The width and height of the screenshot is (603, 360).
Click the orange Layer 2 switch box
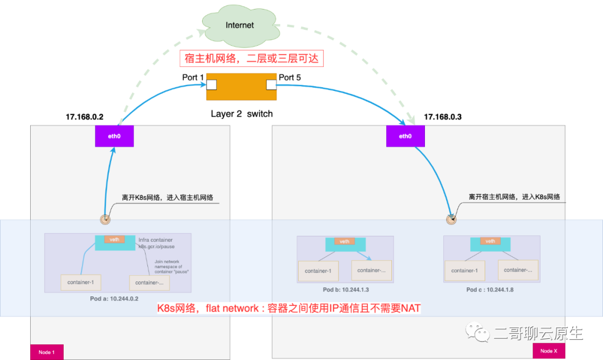click(x=241, y=86)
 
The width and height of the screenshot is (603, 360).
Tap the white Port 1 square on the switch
click(x=212, y=85)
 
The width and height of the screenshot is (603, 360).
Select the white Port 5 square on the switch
click(x=271, y=85)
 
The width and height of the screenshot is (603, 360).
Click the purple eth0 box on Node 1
click(x=114, y=136)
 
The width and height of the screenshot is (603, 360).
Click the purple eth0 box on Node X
click(x=405, y=136)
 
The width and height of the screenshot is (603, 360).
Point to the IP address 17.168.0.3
click(x=443, y=117)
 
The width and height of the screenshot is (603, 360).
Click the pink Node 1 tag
click(x=46, y=352)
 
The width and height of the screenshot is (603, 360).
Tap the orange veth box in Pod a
click(x=114, y=240)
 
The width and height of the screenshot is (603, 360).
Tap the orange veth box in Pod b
click(x=344, y=242)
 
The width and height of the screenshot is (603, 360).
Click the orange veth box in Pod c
click(x=490, y=242)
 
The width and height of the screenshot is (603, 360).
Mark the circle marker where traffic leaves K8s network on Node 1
click(x=104, y=219)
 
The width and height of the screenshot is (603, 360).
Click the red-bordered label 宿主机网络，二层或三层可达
click(x=251, y=58)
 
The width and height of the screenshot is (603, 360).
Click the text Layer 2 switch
click(x=242, y=114)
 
